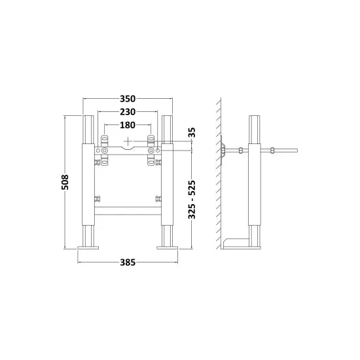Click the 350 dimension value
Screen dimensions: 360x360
[128, 99]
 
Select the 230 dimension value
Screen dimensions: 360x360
[128, 112]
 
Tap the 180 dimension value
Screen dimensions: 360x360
[128, 125]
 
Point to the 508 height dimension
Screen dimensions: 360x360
[65, 182]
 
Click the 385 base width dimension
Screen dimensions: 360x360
[128, 262]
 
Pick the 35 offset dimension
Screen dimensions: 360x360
[192, 132]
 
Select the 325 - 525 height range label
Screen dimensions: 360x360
[192, 200]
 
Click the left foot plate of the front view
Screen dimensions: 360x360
[88, 247]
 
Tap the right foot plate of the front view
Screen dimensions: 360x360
[167, 247]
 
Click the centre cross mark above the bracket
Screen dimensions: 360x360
[128, 141]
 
